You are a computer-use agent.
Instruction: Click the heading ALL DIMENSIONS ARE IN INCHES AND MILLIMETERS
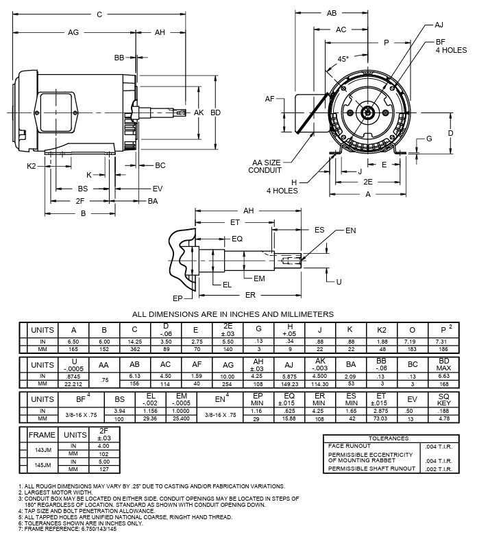[232, 313]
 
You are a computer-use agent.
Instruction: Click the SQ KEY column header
[444, 399]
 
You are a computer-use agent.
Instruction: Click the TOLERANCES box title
[389, 438]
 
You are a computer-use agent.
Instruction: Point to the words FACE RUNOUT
[350, 446]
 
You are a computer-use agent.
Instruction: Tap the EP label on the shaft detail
[176, 298]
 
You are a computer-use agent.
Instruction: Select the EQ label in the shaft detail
[237, 239]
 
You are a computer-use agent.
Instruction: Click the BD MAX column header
[444, 365]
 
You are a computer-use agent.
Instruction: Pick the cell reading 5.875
[289, 377]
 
